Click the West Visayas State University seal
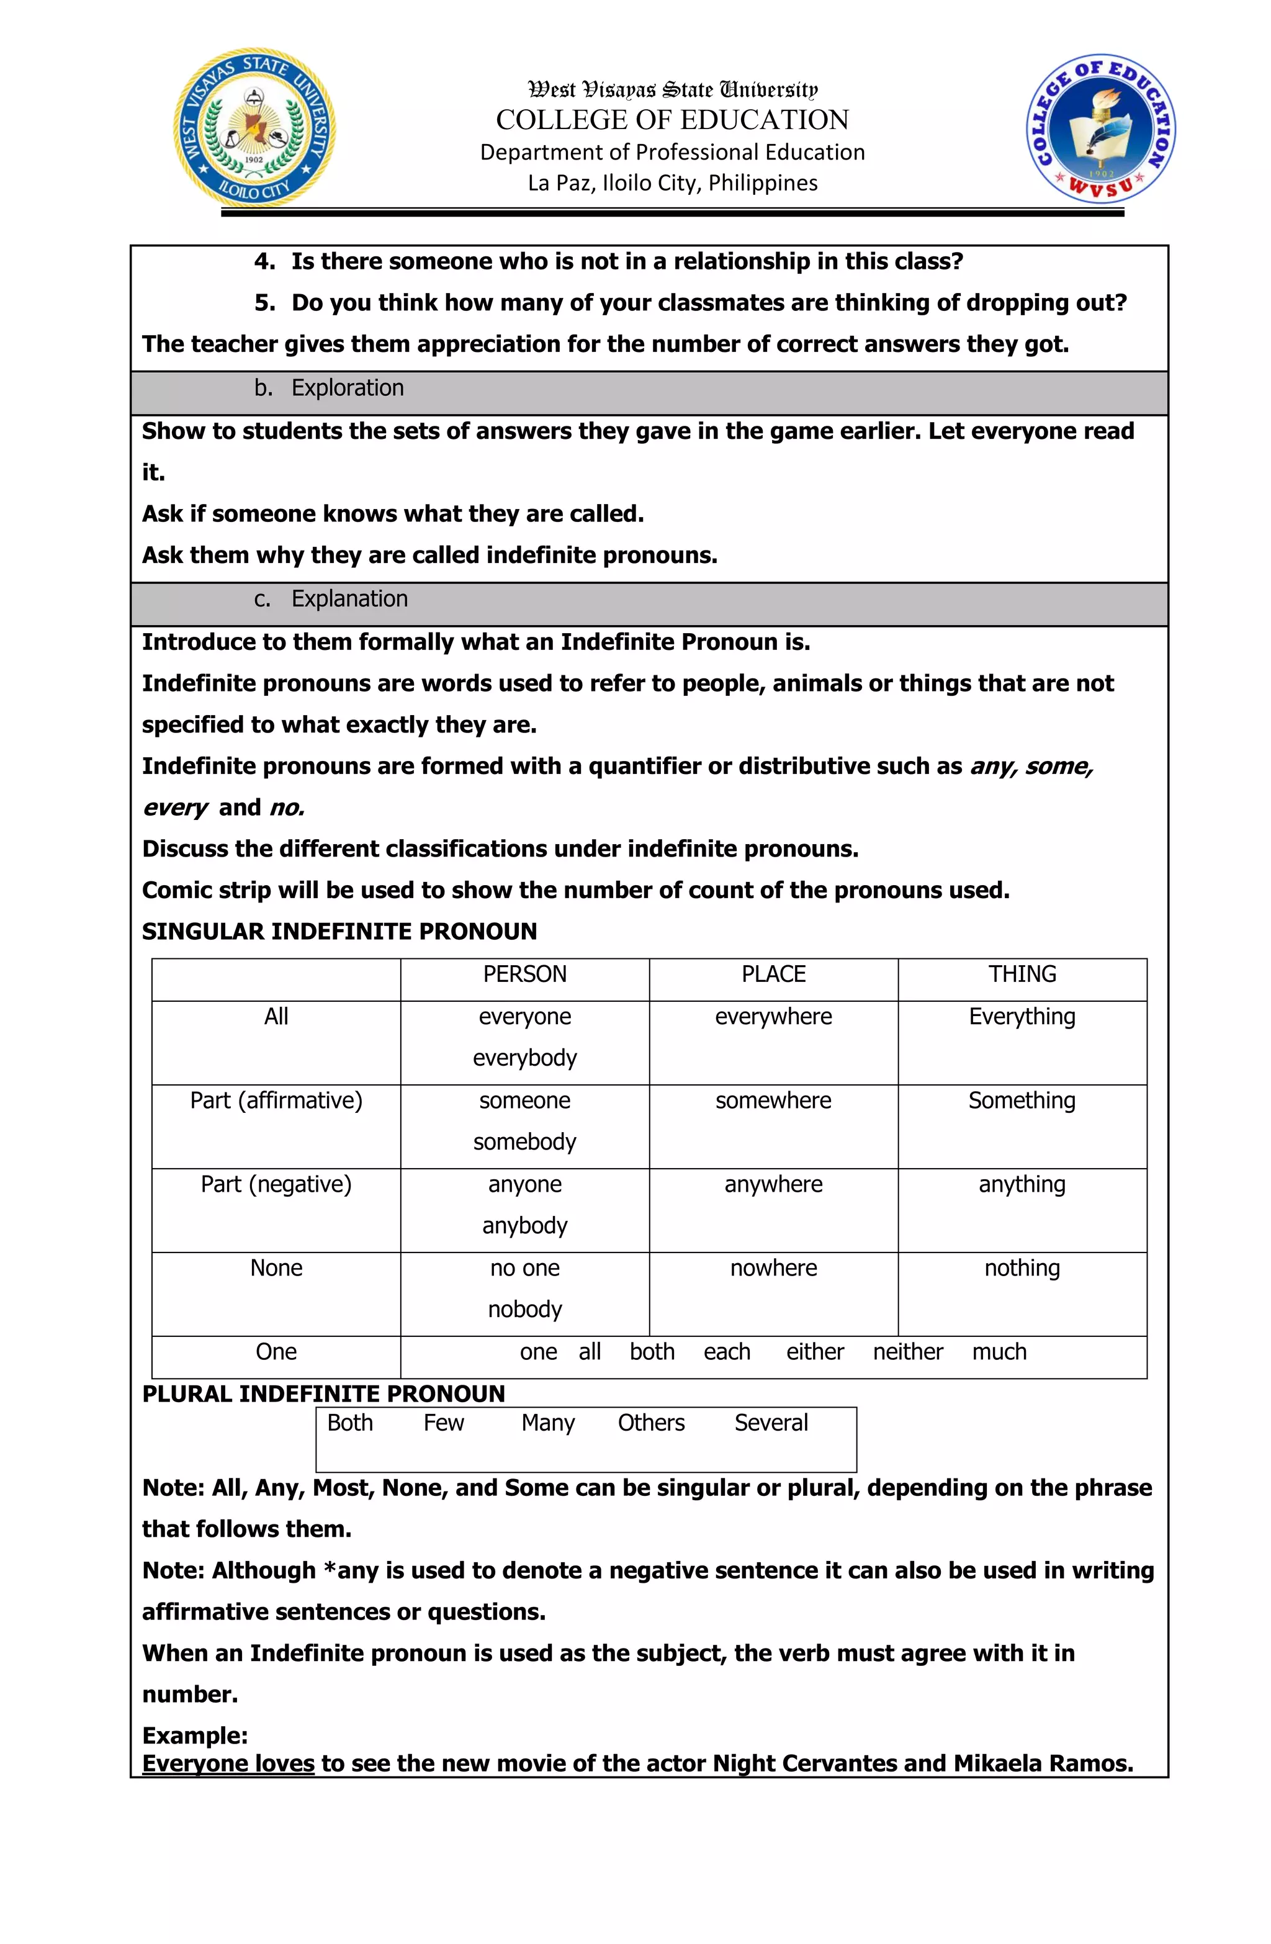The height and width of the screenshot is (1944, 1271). click(254, 128)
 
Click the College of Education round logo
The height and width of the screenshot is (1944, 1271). click(1100, 129)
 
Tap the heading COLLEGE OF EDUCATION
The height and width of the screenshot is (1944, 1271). click(671, 120)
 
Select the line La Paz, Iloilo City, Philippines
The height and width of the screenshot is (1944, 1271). click(671, 183)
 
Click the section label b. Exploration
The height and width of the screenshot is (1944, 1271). click(329, 388)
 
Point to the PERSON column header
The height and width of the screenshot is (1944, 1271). click(524, 974)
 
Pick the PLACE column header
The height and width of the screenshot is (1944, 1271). click(773, 974)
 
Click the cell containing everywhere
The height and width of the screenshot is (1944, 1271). click(773, 1017)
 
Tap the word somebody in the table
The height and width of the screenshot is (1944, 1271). click(524, 1142)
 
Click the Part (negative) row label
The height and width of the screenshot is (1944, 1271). click(276, 1184)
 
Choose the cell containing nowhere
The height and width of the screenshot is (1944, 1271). click(773, 1269)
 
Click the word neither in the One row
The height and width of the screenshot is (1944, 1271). click(907, 1352)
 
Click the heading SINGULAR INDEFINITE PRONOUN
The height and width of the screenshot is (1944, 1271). click(339, 932)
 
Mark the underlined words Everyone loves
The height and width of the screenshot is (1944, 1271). click(228, 1764)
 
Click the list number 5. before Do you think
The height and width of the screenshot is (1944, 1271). click(264, 303)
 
